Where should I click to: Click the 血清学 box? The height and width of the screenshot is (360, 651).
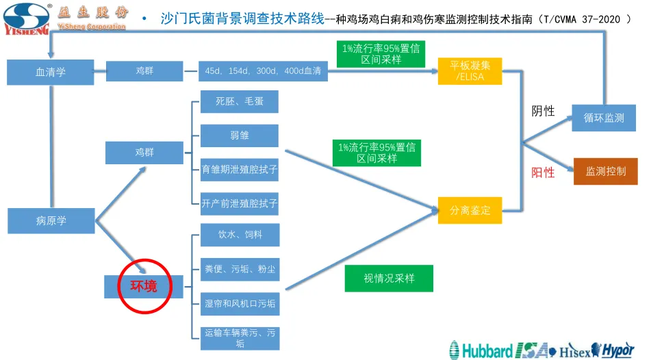[51, 72]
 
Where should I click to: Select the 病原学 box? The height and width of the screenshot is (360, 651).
[51, 220]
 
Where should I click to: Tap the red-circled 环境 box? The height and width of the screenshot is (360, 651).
[144, 285]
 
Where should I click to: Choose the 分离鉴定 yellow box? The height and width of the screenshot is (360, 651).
[470, 210]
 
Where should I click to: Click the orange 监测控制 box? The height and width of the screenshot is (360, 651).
[605, 171]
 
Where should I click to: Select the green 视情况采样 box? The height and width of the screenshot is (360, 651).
[389, 279]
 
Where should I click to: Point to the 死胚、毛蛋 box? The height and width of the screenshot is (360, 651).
[240, 101]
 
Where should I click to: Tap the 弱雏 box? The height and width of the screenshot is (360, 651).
[240, 136]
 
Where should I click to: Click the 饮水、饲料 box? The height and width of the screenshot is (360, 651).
[240, 235]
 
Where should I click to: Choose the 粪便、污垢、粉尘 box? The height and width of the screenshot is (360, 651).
[240, 269]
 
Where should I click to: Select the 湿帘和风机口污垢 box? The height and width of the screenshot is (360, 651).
[240, 303]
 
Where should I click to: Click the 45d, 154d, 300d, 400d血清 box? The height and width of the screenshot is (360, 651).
[263, 71]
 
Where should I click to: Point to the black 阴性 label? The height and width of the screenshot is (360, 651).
[543, 111]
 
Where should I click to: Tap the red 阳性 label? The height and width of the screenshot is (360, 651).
[543, 172]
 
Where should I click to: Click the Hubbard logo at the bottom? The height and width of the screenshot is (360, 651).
[481, 350]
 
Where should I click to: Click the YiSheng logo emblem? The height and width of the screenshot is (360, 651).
[27, 18]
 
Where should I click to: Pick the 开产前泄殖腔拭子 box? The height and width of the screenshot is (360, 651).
[240, 203]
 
